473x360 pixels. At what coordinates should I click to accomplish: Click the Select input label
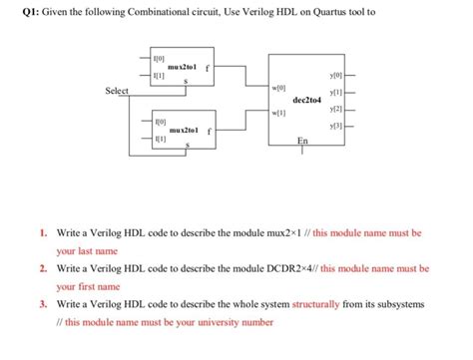tap(117, 91)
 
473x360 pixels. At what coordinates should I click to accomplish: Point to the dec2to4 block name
tap(310, 100)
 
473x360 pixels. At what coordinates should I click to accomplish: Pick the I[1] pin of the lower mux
tap(160, 141)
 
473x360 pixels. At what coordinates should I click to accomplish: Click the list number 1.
tap(43, 232)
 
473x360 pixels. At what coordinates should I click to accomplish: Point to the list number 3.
tap(43, 304)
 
